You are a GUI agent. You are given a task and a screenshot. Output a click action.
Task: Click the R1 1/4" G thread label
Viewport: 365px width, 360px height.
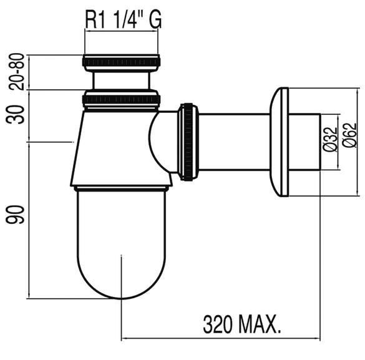pos(124,20)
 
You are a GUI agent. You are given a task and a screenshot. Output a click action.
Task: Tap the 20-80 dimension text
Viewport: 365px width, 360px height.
pos(17,72)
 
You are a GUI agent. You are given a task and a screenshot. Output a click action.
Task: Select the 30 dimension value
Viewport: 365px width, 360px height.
pos(16,115)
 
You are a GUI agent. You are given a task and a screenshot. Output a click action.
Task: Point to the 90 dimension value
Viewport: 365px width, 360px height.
pos(15,215)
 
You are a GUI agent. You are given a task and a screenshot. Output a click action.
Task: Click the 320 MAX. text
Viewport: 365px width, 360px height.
pos(242,324)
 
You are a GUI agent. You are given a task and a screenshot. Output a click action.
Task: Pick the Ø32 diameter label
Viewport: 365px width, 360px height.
pos(331,139)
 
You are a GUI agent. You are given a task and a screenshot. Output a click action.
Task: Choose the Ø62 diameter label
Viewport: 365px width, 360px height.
pos(351,135)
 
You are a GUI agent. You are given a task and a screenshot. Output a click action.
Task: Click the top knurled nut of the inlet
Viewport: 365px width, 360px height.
pos(121,61)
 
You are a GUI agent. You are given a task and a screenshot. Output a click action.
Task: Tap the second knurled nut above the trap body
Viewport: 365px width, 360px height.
pos(121,99)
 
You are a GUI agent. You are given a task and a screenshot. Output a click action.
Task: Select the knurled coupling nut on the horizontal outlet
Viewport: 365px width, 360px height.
pos(188,142)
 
